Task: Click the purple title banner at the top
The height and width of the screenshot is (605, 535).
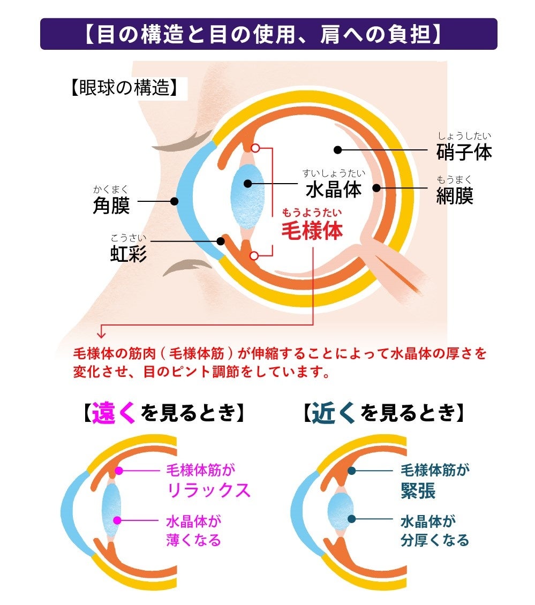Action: [268, 34]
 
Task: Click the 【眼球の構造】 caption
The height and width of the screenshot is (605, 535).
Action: [123, 88]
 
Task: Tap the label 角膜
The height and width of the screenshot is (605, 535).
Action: [111, 205]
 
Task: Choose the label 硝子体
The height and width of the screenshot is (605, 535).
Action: [464, 152]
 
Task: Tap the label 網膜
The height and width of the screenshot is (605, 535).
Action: [455, 195]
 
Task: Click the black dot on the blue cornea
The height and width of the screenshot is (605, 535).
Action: [174, 201]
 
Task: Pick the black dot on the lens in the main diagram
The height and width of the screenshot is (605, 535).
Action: [247, 184]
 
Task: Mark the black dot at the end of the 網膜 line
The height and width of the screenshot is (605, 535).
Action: [376, 188]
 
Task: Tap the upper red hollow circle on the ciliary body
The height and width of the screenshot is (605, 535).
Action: [255, 147]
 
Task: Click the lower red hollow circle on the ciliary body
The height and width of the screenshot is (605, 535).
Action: [255, 255]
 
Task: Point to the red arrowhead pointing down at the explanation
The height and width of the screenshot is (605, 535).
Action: [101, 336]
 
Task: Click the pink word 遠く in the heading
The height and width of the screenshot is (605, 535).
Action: [114, 413]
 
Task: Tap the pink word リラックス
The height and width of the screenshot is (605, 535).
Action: [209, 490]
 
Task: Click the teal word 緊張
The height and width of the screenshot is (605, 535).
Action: [418, 490]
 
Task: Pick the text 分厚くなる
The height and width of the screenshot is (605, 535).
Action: [435, 540]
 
